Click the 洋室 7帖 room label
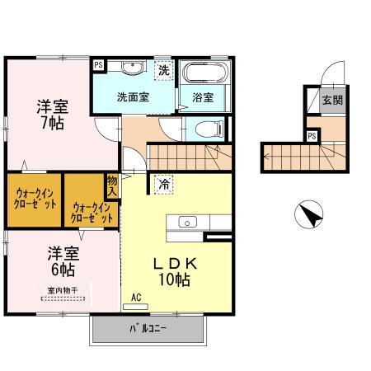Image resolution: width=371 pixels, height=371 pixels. tap(52, 114)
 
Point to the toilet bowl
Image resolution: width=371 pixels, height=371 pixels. tap(209, 128)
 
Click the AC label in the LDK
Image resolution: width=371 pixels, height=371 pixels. tap(136, 298)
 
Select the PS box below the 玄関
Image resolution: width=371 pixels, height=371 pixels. tap(312, 135)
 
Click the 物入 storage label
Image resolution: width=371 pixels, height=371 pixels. tap(112, 185)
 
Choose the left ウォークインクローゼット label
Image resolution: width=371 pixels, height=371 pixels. tap(35, 198)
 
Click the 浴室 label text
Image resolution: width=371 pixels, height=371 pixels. tap(203, 96)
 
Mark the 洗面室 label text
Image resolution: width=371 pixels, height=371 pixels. tap(132, 96)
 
